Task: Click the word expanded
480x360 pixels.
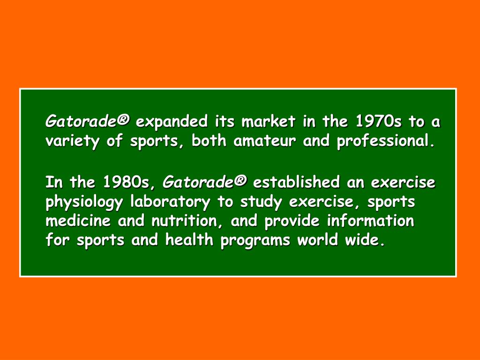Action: pos(172,122)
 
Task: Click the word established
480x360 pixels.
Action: pos(296,182)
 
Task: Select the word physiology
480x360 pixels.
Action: pos(84,202)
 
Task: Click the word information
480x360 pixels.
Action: pos(370,221)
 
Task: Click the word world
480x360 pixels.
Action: pos(320,240)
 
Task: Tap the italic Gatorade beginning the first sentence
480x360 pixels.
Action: pos(87,122)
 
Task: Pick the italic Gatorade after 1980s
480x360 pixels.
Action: pos(204,182)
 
